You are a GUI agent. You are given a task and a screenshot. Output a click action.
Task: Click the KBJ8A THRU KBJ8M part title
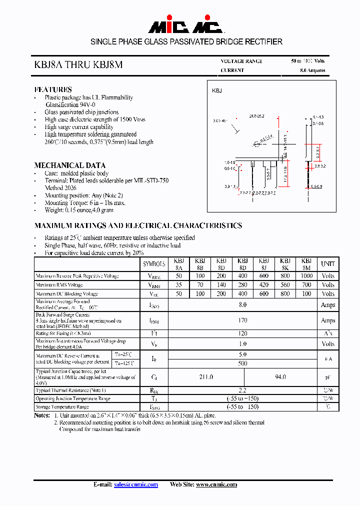[x=77, y=64]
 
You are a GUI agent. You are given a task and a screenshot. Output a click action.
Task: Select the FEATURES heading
[x=53, y=89]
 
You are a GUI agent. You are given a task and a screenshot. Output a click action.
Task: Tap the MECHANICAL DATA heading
[x=70, y=165]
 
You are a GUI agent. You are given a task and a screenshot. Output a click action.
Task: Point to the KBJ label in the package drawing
[x=217, y=90]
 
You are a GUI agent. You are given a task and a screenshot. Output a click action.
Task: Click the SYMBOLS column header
[x=154, y=264]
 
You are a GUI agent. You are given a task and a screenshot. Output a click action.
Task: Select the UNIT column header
[x=328, y=264]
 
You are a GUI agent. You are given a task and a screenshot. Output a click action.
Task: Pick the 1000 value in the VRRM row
[x=306, y=276]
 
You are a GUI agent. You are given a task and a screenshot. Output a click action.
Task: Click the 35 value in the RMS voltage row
[x=179, y=285]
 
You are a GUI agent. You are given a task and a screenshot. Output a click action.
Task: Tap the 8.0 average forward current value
[x=243, y=304]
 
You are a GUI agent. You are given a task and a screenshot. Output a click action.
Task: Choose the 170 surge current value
[x=243, y=320]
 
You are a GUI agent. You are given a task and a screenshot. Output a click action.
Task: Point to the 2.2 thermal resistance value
[x=243, y=389]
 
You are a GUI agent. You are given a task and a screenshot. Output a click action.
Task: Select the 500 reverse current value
[x=243, y=363]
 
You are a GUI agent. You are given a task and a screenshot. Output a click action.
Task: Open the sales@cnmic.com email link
[x=136, y=484]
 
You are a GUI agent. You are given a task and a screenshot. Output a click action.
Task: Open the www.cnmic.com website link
[x=216, y=484]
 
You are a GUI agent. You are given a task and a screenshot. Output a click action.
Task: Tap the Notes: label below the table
[x=42, y=415]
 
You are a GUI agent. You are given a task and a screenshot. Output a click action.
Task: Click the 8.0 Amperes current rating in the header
[x=312, y=70]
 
